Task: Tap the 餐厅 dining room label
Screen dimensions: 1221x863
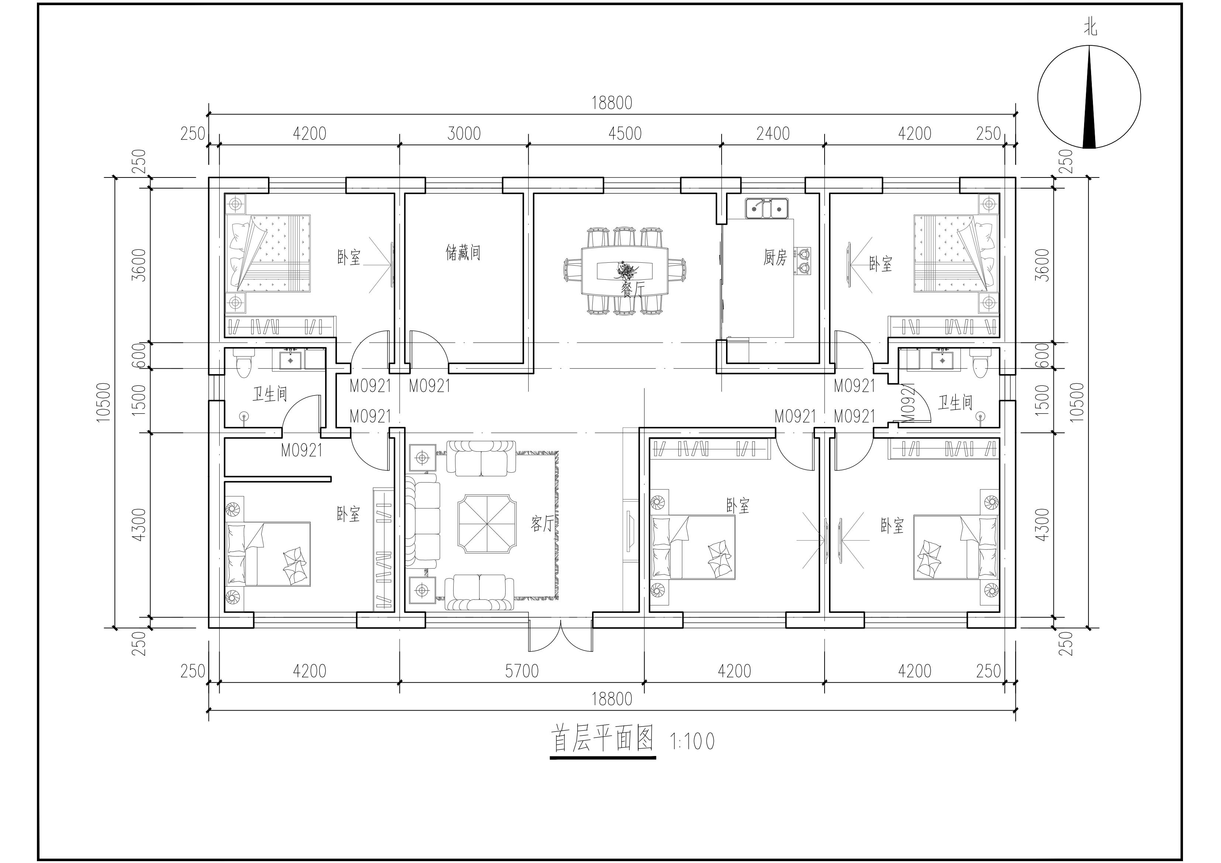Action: coord(632,290)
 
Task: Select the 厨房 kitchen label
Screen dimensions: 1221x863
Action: coord(775,258)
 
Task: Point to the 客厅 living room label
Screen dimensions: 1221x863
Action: coord(542,524)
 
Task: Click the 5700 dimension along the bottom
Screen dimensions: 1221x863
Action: coord(522,672)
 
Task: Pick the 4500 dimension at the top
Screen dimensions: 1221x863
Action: coord(625,134)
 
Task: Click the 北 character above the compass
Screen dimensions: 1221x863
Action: coord(1091,28)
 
